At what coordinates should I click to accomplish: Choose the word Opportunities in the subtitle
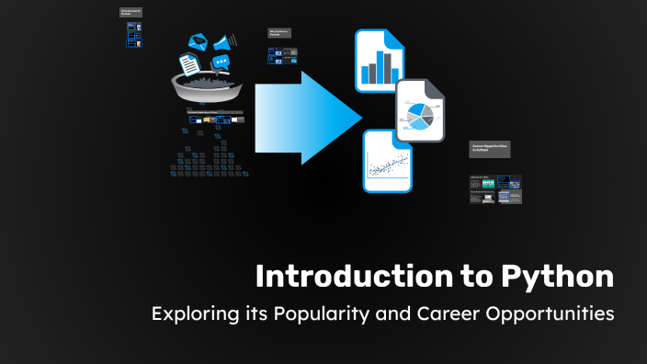552,314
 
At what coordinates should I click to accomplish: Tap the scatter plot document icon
387,162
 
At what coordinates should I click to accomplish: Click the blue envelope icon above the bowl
198,41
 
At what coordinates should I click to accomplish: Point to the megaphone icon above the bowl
222,40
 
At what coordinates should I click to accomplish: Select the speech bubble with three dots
220,63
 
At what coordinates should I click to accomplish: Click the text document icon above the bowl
188,64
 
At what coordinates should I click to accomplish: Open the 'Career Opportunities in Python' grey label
489,150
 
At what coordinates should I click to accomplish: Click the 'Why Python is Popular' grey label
279,33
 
